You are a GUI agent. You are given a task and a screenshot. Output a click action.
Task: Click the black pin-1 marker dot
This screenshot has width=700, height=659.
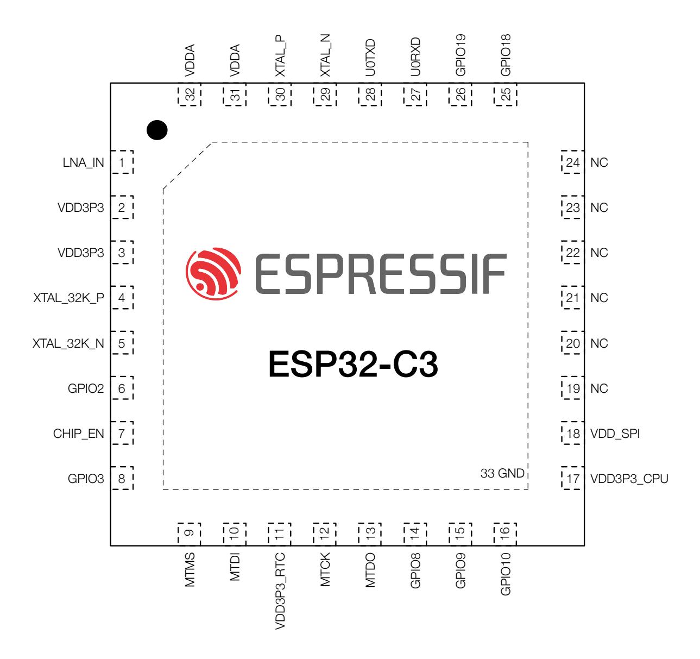[157, 130]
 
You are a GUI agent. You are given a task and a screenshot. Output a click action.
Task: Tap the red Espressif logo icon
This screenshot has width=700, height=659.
[213, 274]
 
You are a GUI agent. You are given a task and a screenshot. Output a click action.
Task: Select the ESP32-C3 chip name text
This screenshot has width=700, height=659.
[353, 363]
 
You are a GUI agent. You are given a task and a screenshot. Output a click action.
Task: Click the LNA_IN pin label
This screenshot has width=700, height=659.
[83, 162]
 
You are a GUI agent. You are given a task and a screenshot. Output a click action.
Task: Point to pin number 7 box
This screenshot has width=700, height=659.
[122, 433]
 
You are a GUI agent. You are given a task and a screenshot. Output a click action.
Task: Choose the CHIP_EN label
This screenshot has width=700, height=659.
[79, 434]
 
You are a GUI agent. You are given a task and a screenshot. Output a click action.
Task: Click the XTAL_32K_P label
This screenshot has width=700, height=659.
[69, 298]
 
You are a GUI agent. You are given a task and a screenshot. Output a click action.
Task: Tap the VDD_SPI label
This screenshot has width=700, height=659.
[615, 434]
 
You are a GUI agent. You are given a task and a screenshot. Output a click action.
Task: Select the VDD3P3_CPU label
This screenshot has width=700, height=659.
[629, 479]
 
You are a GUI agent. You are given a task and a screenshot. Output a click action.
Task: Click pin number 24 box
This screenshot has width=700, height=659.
[573, 162]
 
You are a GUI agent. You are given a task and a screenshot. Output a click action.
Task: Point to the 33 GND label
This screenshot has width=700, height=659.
[502, 473]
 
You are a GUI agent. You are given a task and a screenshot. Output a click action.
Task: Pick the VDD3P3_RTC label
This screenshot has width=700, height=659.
[280, 591]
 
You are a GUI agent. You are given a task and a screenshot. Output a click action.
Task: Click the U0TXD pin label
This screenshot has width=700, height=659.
[370, 58]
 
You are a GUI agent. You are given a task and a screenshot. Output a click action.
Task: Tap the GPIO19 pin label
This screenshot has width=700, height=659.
[461, 55]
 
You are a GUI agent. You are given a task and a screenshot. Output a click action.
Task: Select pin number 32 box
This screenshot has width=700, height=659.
[190, 94]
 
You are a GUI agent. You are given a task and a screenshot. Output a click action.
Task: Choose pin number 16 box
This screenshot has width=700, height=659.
[505, 534]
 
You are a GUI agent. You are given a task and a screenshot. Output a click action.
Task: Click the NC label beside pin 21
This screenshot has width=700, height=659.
[599, 298]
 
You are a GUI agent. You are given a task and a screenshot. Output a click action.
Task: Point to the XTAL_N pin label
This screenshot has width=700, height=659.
[325, 55]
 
